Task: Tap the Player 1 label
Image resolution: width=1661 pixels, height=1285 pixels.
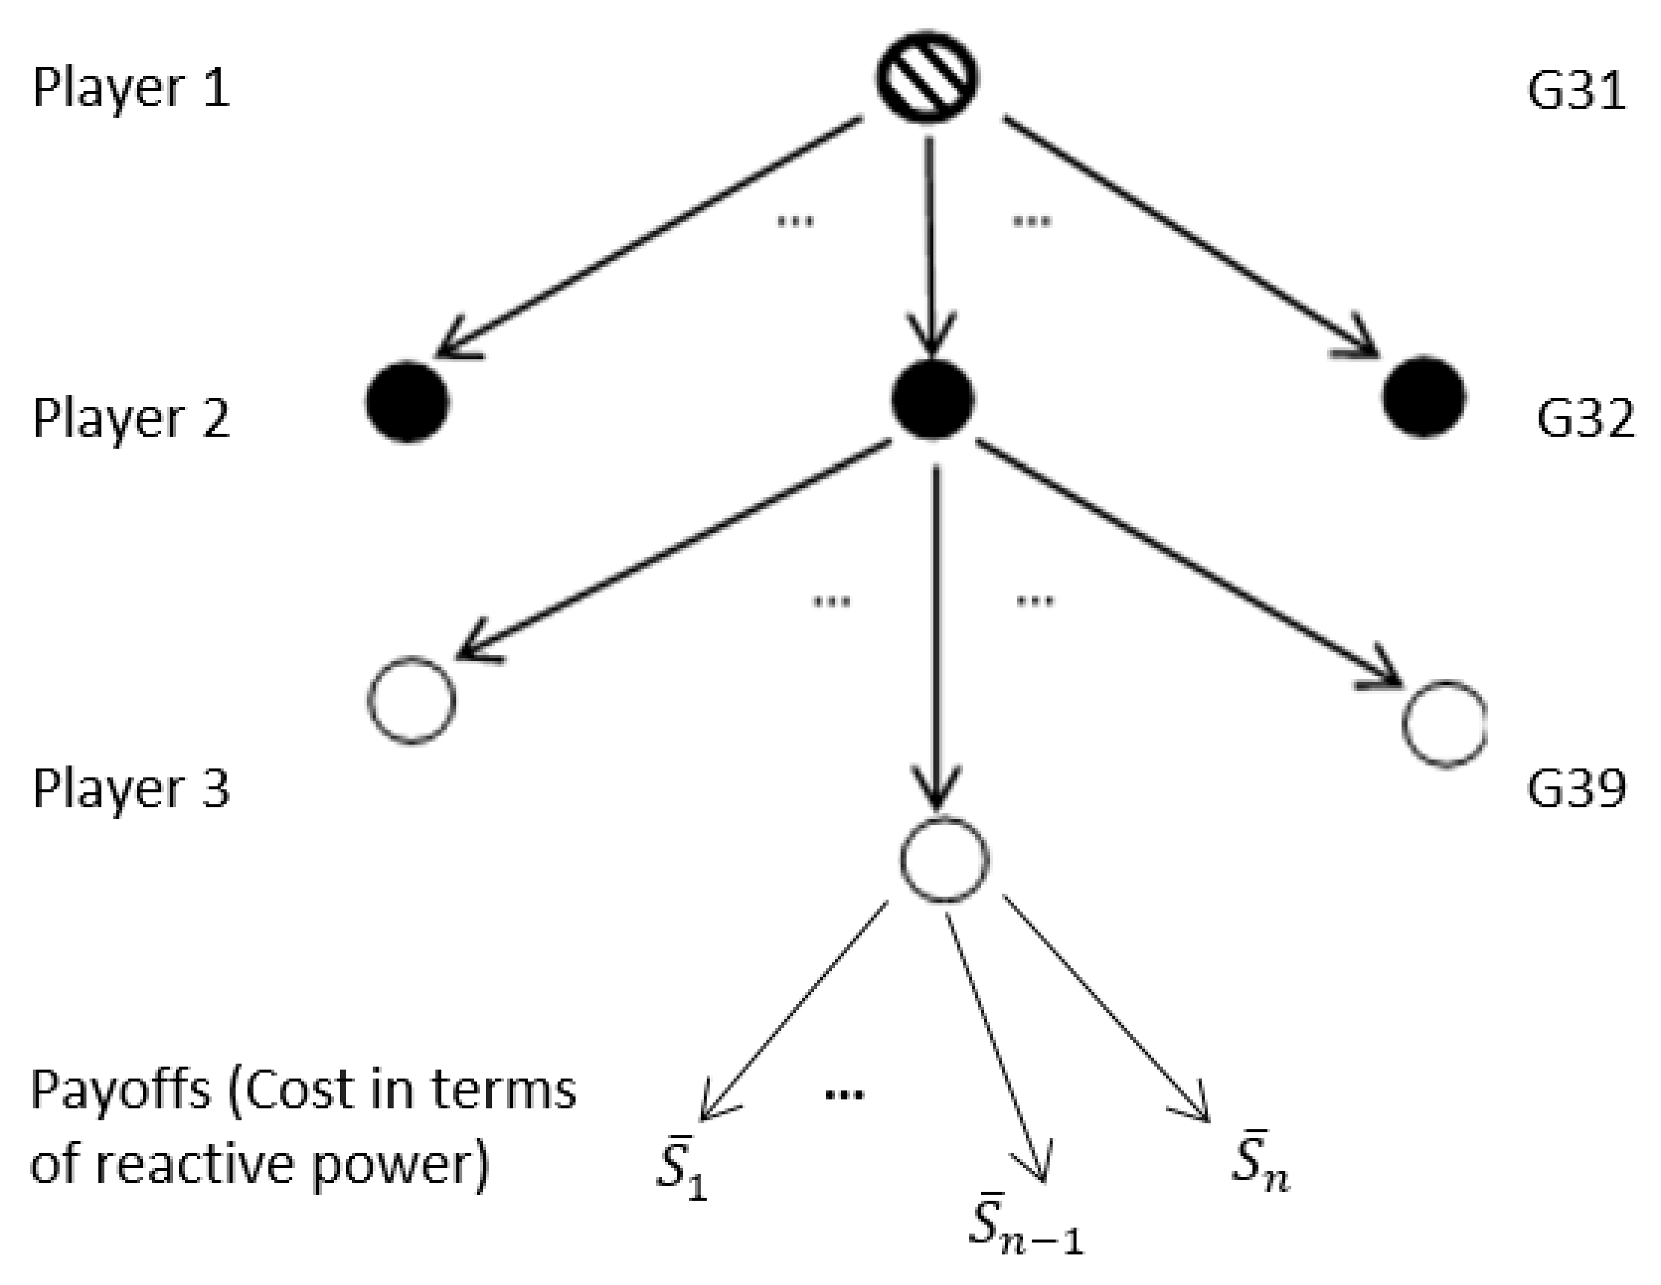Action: (x=130, y=88)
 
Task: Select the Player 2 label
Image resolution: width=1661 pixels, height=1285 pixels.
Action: (x=130, y=419)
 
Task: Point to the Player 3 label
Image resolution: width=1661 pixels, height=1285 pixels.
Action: (x=130, y=788)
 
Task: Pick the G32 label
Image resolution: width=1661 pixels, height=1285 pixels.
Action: (x=1585, y=419)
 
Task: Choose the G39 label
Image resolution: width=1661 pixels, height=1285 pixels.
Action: (x=1576, y=789)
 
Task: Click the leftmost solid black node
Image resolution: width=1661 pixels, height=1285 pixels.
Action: (x=408, y=401)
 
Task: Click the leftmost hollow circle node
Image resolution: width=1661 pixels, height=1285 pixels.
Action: (x=412, y=701)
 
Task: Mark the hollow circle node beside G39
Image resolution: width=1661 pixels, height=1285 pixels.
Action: (x=1443, y=723)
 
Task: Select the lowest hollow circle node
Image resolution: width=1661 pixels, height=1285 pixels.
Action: (x=945, y=859)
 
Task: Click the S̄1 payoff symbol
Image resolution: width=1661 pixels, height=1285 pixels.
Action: (x=681, y=1167)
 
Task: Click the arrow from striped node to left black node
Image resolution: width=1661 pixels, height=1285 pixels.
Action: (x=646, y=236)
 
